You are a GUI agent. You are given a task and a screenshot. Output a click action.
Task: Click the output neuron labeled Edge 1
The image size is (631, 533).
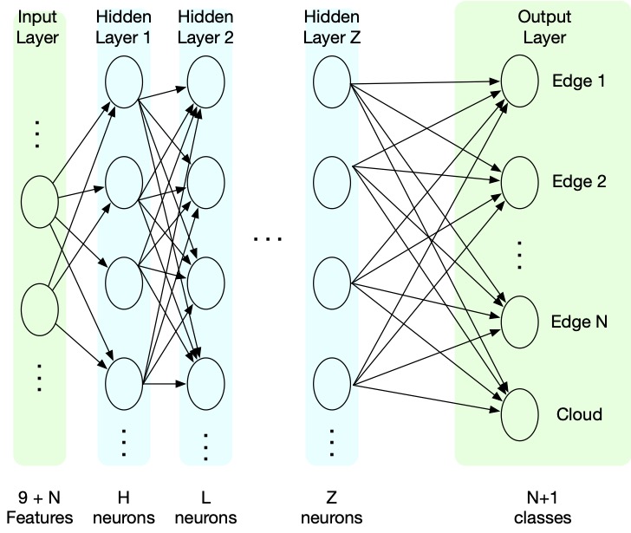(x=519, y=81)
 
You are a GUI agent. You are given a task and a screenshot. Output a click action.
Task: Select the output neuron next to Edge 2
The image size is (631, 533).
(x=519, y=183)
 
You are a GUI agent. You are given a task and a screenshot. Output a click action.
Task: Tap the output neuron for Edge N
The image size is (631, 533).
(x=519, y=322)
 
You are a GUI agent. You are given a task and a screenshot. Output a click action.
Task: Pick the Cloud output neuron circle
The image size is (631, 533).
(x=519, y=415)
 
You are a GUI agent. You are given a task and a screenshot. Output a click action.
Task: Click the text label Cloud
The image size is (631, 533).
(x=579, y=414)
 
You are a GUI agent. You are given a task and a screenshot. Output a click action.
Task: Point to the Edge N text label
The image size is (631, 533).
(x=579, y=322)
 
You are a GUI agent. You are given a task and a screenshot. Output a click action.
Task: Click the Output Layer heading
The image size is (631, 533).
(x=544, y=27)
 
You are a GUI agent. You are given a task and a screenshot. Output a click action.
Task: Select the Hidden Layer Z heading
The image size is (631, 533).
(x=332, y=27)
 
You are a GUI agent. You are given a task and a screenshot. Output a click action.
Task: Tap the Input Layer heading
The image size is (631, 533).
(x=37, y=27)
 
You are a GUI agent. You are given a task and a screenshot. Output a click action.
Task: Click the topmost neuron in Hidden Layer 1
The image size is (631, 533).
(x=124, y=82)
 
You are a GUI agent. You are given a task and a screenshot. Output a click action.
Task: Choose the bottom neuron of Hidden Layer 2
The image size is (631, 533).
(x=205, y=384)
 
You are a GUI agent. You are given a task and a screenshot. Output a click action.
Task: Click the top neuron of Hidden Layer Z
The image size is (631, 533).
(x=332, y=82)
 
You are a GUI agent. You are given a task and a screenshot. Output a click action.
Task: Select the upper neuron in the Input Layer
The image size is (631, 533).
(x=40, y=202)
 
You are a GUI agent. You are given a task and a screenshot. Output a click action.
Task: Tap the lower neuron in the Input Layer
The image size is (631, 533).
(x=40, y=309)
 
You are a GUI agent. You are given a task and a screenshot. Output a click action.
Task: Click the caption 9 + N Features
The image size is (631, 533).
(x=40, y=508)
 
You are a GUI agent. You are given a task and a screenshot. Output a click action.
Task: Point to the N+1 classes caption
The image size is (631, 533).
(x=543, y=508)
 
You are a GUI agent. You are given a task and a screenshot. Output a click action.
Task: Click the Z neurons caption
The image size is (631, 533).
(x=332, y=508)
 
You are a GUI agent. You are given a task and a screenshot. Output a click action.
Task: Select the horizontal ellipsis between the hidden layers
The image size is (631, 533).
(x=268, y=239)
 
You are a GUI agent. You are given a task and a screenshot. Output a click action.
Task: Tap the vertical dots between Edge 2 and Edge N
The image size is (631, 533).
(x=519, y=255)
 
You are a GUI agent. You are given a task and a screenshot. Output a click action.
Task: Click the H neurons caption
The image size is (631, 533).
(x=124, y=508)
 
